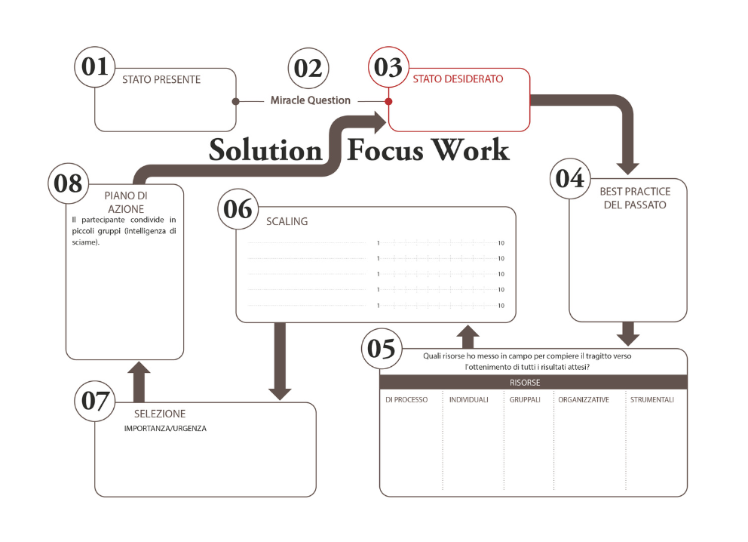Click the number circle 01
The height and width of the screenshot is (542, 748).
point(95,67)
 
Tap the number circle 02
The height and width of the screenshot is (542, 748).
point(308,68)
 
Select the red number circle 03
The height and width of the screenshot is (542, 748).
point(389,68)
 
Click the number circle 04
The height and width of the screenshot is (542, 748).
point(570,179)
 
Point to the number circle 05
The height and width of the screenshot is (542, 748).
point(380,350)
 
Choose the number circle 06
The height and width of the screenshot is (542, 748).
point(238,208)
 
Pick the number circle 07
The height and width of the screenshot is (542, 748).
point(96,401)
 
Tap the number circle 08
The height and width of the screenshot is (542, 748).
point(69,183)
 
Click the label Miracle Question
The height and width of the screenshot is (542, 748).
point(311,100)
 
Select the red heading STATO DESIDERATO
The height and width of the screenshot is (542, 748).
point(458,79)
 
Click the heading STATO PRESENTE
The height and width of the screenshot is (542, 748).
point(161,79)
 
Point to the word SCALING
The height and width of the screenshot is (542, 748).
point(287,222)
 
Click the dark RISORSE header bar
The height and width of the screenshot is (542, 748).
point(533,383)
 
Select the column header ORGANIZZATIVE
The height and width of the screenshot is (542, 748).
point(583,400)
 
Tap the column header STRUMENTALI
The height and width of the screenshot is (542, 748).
point(651,400)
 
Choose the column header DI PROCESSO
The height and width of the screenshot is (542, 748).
point(406,400)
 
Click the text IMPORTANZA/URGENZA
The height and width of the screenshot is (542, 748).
point(165,429)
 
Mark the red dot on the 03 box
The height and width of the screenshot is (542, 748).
point(388,101)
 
